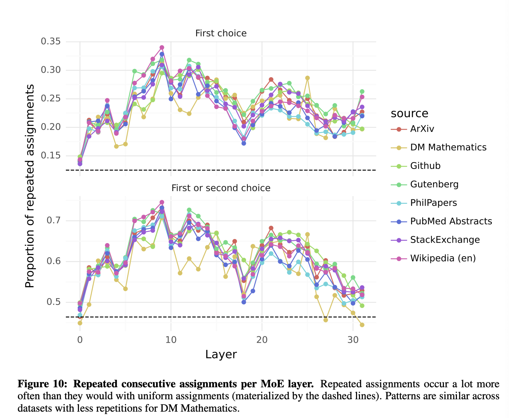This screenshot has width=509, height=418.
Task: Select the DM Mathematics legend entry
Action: point(448,147)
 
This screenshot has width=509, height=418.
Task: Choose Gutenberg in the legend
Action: point(434,184)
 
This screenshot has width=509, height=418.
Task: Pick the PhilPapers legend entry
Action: point(433,203)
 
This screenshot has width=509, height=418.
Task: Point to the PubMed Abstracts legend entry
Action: point(451,221)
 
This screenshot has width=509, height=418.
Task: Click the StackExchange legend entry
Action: point(445,240)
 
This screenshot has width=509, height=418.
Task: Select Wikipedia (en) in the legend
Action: point(443,258)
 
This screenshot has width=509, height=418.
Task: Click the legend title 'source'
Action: point(409,113)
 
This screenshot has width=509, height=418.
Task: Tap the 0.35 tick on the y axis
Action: point(51,41)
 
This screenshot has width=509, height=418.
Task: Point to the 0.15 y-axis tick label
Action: point(51,155)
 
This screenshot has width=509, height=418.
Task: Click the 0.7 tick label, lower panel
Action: point(55,220)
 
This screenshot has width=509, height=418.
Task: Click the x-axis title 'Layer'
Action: point(221,354)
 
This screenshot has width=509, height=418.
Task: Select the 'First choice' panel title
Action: point(221,33)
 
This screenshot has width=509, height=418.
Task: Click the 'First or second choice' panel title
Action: point(221,188)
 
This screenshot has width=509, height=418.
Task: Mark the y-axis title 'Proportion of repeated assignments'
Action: point(30,186)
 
